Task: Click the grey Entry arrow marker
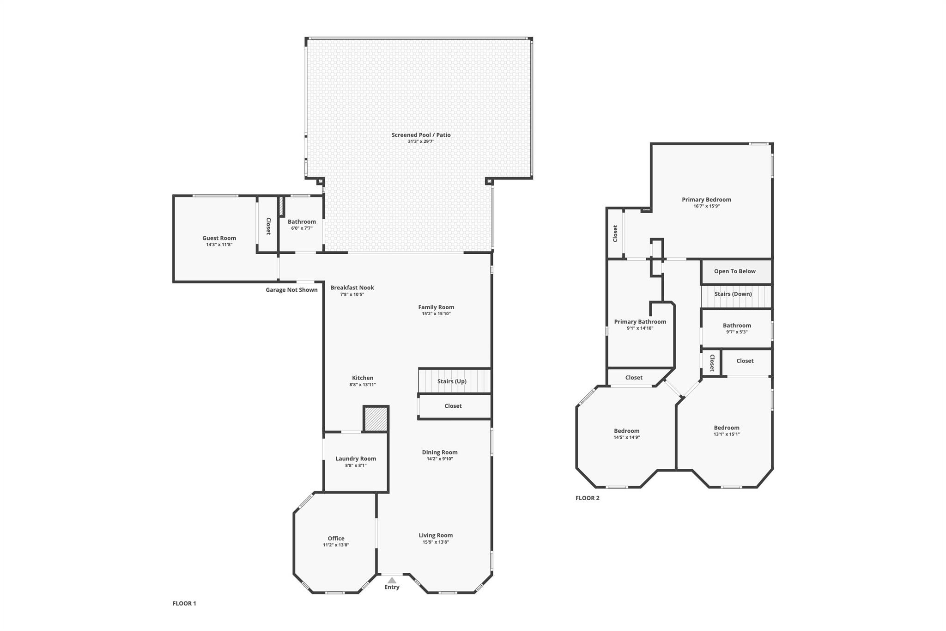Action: (x=392, y=580)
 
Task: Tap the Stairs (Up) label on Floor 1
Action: (x=452, y=381)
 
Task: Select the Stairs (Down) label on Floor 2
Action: (x=733, y=294)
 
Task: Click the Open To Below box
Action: (x=735, y=271)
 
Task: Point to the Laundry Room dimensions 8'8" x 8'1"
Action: (x=356, y=466)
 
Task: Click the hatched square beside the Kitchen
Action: (x=376, y=419)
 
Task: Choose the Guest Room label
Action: (x=219, y=238)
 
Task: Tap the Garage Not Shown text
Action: (x=291, y=290)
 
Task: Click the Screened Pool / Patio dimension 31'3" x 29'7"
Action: (x=421, y=141)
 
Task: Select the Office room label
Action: (x=336, y=539)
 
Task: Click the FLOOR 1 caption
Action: (x=184, y=603)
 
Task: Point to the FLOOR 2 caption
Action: (x=587, y=498)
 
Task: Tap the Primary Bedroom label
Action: (x=706, y=200)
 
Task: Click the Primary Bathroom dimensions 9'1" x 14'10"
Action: (x=640, y=328)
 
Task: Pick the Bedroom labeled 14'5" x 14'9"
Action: (x=626, y=431)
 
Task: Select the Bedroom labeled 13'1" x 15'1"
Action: (x=726, y=428)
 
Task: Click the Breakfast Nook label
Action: (x=352, y=288)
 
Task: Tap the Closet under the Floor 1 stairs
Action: (x=453, y=406)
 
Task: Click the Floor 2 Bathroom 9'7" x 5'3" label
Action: (x=737, y=325)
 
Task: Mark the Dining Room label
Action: (x=439, y=453)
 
